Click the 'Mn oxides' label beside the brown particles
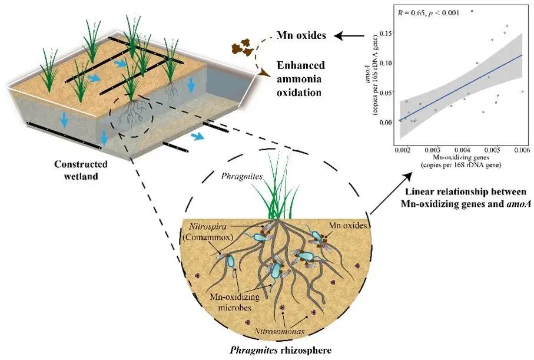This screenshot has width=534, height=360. [x=302, y=36]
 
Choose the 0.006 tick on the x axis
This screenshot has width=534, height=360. [x=522, y=151]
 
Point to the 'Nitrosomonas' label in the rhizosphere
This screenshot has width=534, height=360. [x=277, y=332]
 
